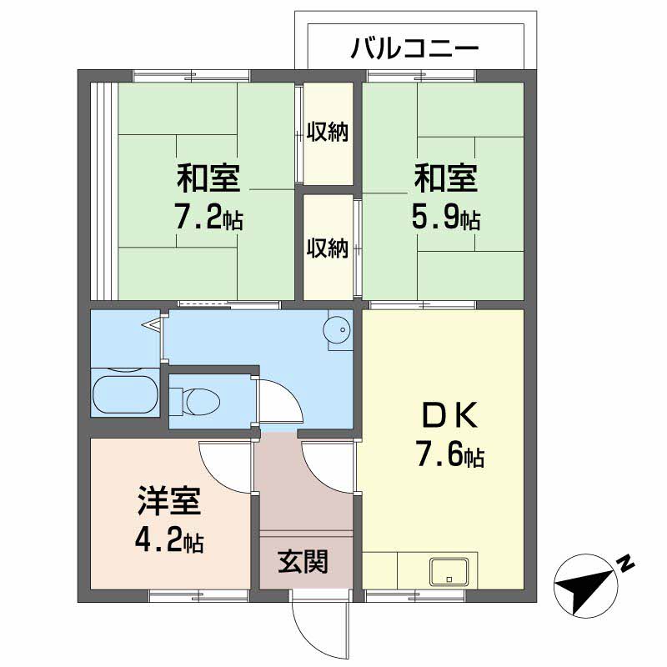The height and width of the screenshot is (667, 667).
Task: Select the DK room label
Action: point(449,414)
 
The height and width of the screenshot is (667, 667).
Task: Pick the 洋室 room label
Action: point(169,501)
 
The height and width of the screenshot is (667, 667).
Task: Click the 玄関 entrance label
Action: point(303,561)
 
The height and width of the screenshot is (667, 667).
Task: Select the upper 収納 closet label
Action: point(328,132)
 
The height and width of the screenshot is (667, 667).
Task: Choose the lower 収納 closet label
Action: point(328,248)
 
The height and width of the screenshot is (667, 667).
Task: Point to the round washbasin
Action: point(338,328)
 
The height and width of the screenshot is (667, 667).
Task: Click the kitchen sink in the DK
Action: point(449,571)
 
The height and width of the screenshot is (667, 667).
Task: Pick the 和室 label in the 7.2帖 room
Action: point(209,178)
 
